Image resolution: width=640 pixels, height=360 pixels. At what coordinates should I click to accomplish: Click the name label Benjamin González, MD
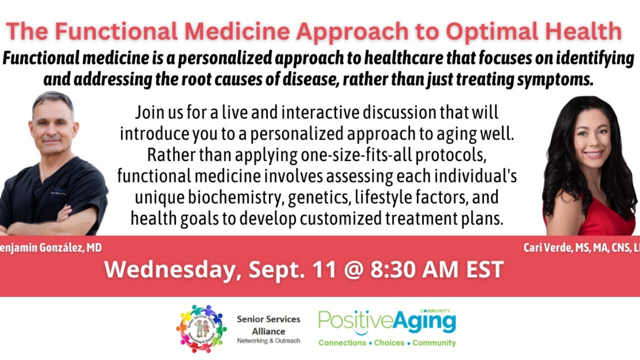click(x=50, y=247)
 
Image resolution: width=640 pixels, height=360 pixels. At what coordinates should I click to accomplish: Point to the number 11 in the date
click(x=348, y=270)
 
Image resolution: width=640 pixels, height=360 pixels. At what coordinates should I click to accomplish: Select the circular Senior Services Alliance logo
click(x=201, y=328)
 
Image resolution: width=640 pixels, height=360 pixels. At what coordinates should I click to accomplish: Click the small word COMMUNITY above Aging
click(x=438, y=310)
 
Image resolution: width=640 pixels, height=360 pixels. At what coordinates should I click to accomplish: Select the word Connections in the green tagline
click(x=342, y=343)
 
